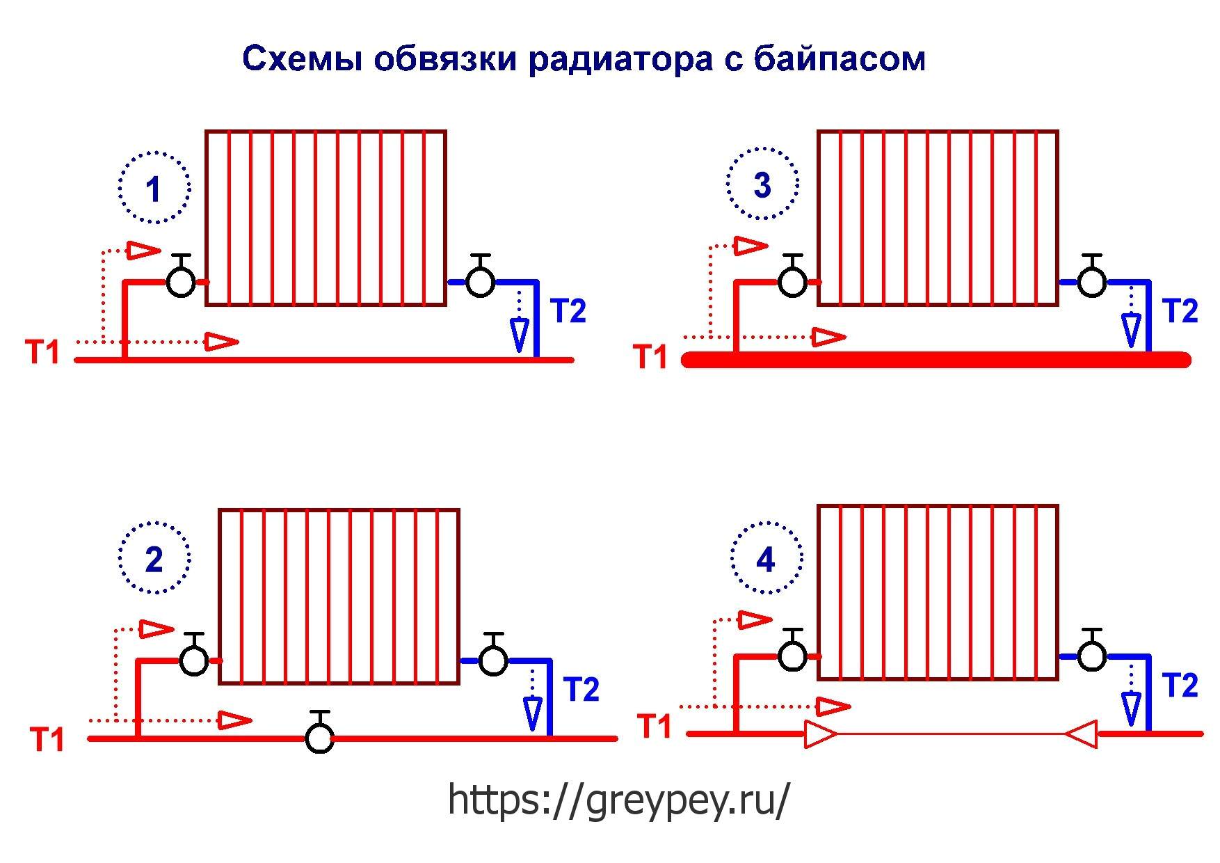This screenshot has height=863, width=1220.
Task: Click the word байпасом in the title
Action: (840, 59)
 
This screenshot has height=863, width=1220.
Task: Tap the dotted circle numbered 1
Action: (154, 187)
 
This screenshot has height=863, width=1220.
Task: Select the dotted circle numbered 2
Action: (154, 557)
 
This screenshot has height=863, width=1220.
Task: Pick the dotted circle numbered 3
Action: (763, 184)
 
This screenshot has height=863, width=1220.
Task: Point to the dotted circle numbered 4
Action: (766, 557)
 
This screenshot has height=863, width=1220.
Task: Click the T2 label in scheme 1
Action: (568, 311)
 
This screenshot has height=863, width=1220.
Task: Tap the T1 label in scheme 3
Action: (650, 357)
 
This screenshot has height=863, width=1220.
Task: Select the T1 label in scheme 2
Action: (47, 739)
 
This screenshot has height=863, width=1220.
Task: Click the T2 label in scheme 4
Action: (1180, 686)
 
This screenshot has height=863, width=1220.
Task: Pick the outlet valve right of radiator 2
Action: (494, 655)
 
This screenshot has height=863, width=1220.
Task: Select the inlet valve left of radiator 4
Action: (793, 651)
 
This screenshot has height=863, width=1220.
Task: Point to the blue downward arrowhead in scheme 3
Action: (1132, 330)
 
